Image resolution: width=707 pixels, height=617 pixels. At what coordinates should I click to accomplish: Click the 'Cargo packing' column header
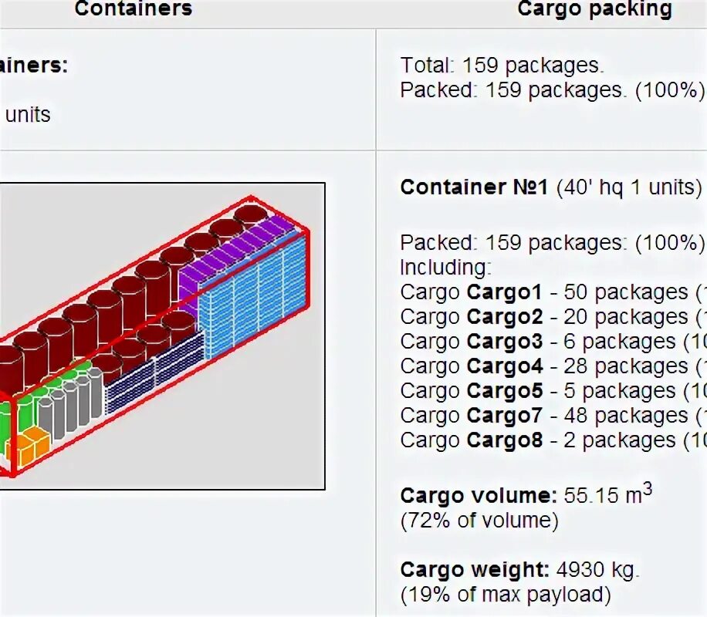pos(594,9)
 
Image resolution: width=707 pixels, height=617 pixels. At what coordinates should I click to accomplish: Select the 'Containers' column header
pos(133,9)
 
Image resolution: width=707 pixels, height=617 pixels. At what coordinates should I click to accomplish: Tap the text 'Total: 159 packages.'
pos(502,66)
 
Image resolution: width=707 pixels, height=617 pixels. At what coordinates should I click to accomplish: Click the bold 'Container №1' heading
pos(474,187)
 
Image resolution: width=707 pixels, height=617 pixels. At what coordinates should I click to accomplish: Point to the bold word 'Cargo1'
pos(504,292)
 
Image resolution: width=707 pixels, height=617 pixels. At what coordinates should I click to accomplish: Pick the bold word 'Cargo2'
pos(504,317)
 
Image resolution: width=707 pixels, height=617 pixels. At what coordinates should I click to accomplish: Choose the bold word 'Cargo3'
pos(504,342)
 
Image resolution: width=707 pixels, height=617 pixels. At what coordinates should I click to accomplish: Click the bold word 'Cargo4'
pos(504,366)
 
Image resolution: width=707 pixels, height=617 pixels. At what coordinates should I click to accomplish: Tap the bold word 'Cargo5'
pos(504,391)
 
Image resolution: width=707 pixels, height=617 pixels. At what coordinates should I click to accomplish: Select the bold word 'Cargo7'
pos(504,416)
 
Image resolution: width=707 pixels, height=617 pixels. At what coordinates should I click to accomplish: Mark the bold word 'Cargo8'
pos(504,440)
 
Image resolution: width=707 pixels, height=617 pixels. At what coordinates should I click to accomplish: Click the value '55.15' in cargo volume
pos(590,496)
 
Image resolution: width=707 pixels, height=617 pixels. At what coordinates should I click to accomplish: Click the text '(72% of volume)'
pos(479,521)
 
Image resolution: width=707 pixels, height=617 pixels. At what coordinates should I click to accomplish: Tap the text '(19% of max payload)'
pos(505,595)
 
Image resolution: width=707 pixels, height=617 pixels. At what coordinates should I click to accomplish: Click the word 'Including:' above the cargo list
pos(445,268)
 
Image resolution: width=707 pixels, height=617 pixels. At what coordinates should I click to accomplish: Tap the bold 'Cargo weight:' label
pos(474,571)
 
